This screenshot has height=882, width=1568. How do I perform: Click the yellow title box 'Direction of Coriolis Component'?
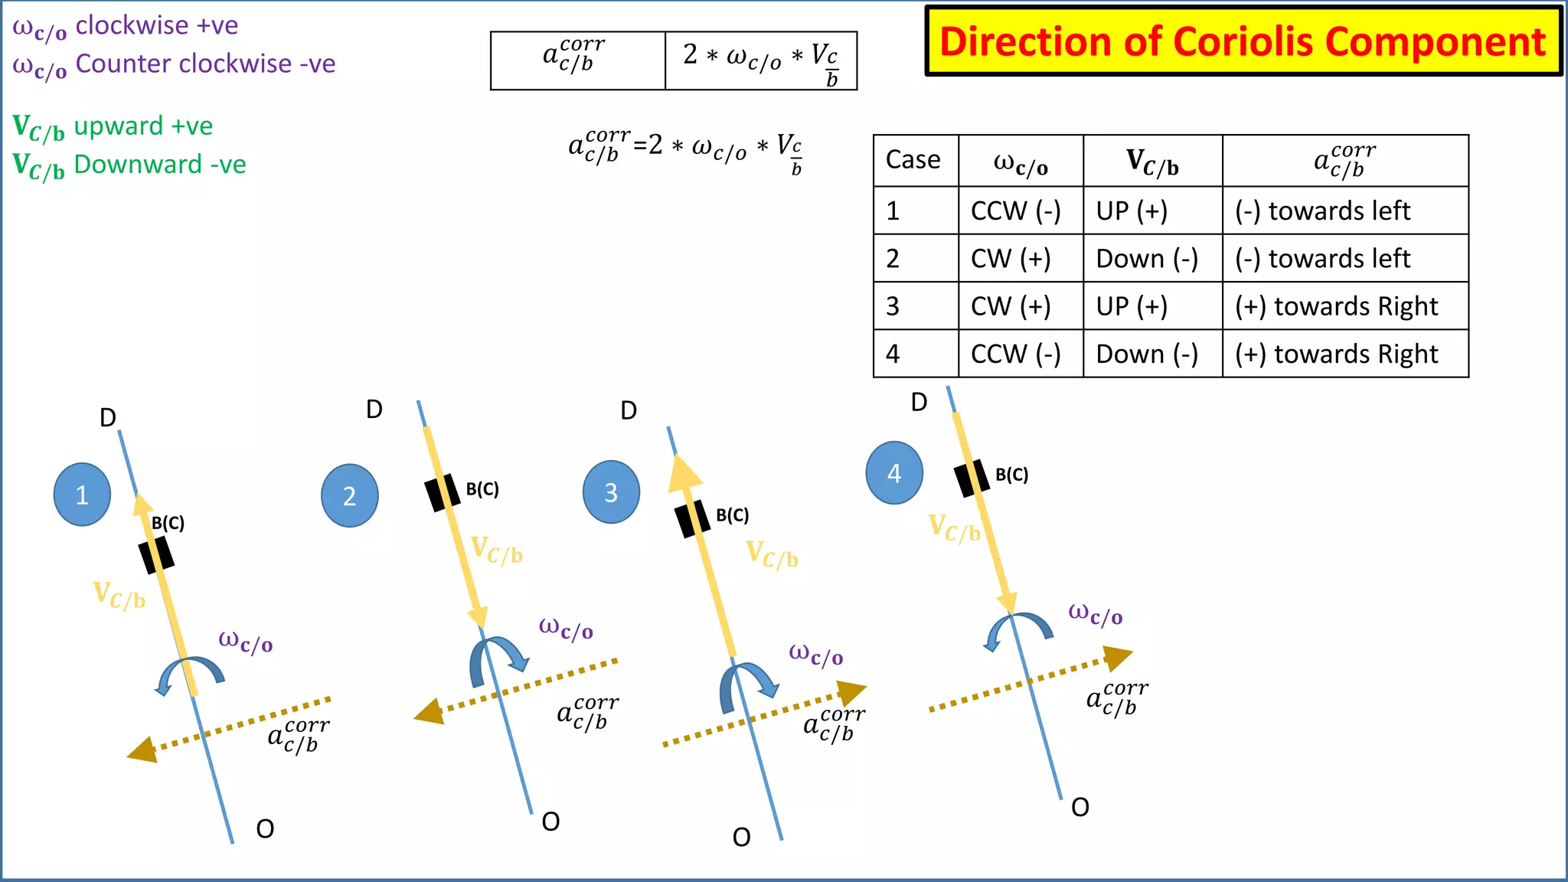click(1243, 41)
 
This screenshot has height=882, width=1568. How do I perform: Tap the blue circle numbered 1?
click(82, 495)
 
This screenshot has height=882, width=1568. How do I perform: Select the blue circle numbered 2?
click(349, 495)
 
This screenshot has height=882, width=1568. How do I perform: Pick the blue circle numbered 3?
click(611, 492)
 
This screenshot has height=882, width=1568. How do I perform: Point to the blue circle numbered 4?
click(893, 473)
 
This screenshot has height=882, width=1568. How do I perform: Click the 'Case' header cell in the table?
click(913, 160)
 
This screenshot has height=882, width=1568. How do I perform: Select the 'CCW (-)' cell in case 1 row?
click(1016, 211)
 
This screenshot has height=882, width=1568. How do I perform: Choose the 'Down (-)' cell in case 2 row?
click(1147, 259)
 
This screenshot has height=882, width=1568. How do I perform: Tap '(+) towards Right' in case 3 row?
click(1337, 306)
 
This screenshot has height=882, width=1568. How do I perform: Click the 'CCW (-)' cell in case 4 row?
click(1016, 354)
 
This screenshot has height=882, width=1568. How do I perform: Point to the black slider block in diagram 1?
click(156, 555)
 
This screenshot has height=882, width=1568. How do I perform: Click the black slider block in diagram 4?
click(972, 478)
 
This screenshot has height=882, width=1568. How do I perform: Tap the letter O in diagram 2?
click(550, 822)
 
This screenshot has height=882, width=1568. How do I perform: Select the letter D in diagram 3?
click(629, 411)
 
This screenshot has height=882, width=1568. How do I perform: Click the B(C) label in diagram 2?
click(482, 489)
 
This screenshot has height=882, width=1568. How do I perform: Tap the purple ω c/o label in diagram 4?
click(1096, 614)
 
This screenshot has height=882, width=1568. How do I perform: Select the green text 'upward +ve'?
click(143, 126)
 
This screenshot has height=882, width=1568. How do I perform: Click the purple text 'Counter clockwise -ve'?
click(205, 64)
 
